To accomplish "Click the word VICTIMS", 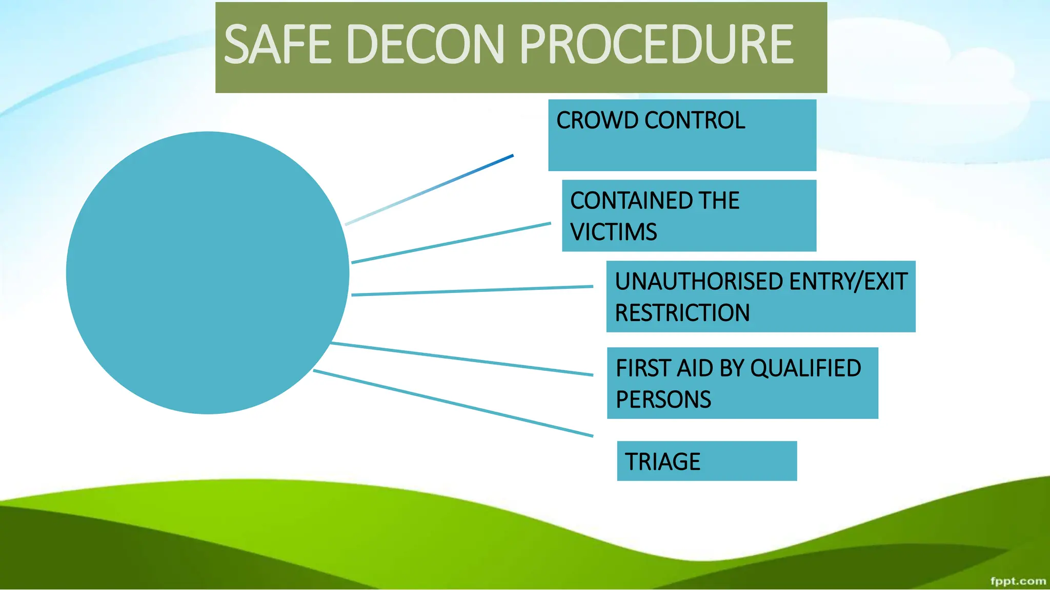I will click(x=613, y=232).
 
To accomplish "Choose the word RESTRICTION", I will click(x=682, y=313).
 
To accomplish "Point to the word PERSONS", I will click(x=663, y=399).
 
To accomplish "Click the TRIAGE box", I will click(x=706, y=461).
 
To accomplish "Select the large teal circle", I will click(x=208, y=273).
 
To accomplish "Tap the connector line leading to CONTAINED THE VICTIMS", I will click(x=451, y=243).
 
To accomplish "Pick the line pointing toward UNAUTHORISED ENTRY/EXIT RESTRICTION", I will click(x=472, y=290).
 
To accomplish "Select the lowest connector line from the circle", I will click(x=453, y=403).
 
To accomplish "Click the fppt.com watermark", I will click(x=1018, y=581).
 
